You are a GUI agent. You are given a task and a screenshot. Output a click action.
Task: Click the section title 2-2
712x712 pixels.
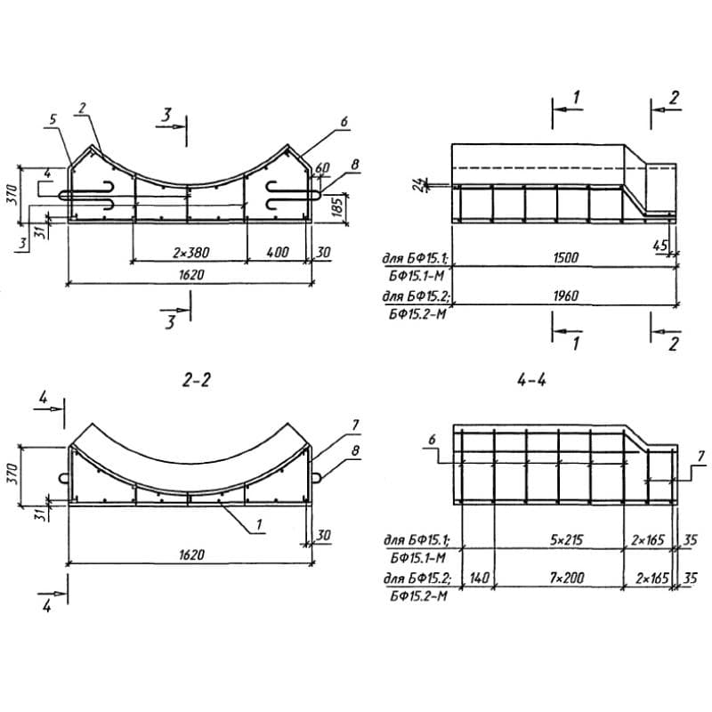coord(197,380)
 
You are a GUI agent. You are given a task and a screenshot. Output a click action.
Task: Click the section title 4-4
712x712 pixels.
coord(531,380)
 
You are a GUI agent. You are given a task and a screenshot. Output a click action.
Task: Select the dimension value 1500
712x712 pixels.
coord(566,258)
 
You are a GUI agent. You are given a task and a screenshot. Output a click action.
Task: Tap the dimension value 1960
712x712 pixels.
coord(566,296)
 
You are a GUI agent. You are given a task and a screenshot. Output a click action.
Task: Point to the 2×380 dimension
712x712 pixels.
coord(191,253)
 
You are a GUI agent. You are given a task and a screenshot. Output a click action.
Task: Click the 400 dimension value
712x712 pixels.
coord(276,253)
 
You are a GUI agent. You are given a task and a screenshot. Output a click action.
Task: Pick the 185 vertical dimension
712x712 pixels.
coord(337,206)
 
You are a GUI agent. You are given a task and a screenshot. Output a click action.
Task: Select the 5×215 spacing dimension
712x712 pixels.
coord(566,540)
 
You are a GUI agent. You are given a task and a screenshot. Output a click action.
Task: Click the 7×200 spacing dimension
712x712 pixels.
coord(566,578)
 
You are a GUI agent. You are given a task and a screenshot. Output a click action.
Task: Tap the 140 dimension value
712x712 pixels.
coord(479,578)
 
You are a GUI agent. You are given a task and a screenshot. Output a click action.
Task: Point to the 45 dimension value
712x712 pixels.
coord(660,246)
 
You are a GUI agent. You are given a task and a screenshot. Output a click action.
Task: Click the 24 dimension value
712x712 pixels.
coord(421,184)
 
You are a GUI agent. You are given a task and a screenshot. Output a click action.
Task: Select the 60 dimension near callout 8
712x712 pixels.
coord(322,167)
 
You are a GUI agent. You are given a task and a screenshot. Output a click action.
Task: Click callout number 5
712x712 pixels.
coord(53,119)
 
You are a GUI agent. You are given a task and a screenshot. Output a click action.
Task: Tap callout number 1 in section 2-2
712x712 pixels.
coord(259,525)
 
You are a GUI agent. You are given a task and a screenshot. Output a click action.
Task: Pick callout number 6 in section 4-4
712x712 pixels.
coord(432,439)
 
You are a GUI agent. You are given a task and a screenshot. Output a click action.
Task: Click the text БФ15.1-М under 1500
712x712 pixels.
coord(416,276)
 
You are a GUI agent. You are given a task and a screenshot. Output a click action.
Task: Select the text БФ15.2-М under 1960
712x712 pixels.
coord(417,314)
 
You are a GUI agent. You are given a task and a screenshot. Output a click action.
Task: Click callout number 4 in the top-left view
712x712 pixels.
coord(47,173)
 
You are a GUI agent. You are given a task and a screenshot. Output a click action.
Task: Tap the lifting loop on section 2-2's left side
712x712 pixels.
coord(64,477)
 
